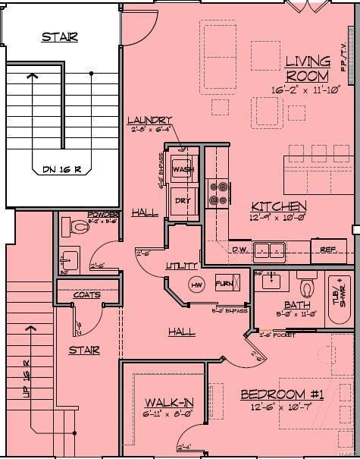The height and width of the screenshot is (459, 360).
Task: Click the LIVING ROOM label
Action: [308, 68]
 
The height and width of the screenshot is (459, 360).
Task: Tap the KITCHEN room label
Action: [279, 206]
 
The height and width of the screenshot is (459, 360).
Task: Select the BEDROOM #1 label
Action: [282, 395]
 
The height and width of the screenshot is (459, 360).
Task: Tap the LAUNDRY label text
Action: [149, 120]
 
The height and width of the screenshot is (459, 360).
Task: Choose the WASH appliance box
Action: [183, 169]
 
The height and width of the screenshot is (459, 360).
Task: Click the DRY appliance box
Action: [182, 201]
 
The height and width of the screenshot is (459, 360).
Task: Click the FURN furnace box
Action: [224, 283]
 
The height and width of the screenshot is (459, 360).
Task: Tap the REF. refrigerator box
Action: [327, 249]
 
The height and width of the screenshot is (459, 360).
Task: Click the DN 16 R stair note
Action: [55, 169]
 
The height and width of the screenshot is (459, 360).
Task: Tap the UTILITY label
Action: [181, 266]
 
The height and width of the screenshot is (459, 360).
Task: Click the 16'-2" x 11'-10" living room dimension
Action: [308, 90]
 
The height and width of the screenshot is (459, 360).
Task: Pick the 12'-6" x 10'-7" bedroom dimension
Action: [282, 408]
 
